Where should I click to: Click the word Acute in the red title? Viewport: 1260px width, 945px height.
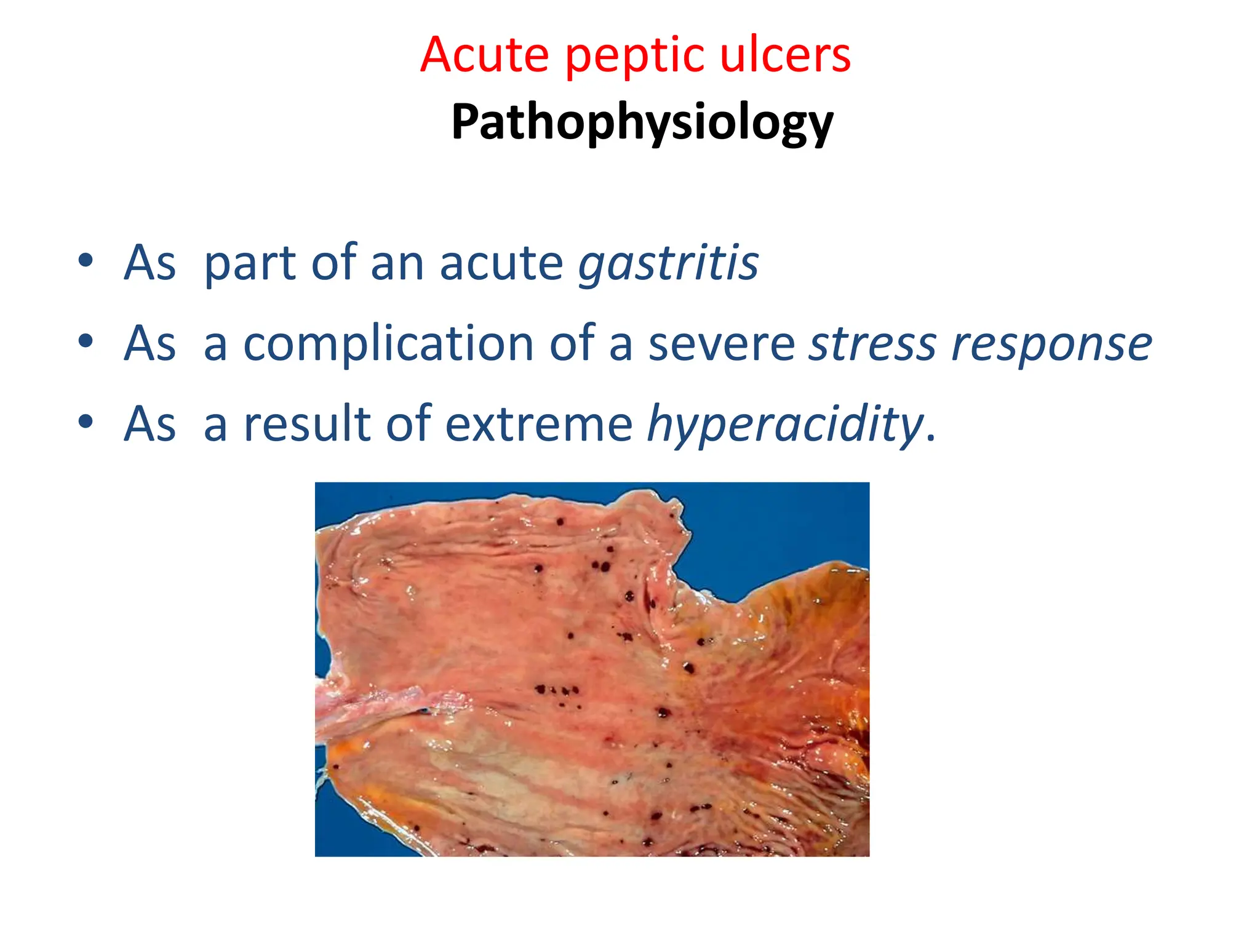pos(484,55)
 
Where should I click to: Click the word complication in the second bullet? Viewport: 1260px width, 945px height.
pos(389,345)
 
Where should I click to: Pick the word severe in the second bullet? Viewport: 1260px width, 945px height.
pos(722,345)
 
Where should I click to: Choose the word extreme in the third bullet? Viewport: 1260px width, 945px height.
pos(538,425)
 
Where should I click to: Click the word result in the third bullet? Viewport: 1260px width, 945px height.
pos(307,425)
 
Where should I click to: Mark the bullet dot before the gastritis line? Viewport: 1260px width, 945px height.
pos(86,261)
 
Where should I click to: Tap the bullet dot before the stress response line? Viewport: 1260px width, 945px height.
pos(86,341)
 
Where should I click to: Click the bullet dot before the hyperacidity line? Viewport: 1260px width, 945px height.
pos(86,422)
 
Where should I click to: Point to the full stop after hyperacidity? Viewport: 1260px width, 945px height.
pos(931,438)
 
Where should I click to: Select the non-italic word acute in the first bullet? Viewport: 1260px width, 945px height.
pos(501,263)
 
